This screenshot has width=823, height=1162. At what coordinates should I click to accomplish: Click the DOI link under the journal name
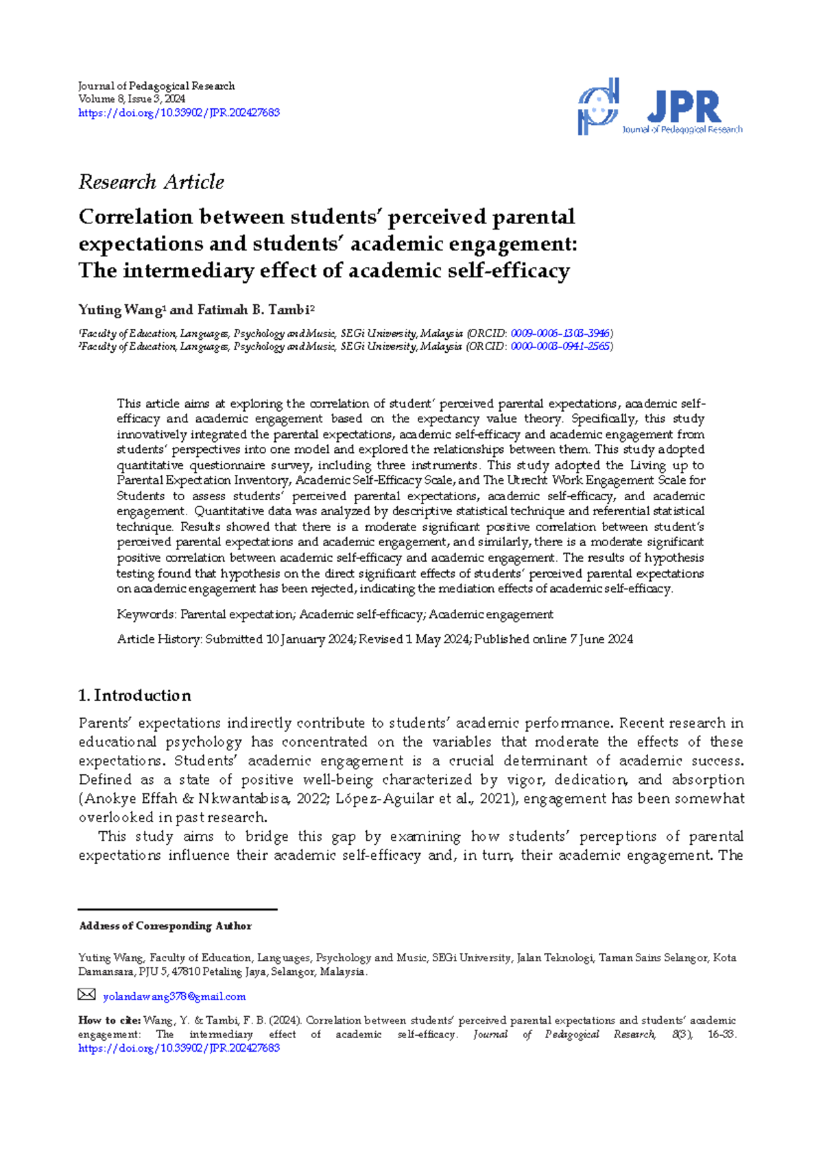point(179,113)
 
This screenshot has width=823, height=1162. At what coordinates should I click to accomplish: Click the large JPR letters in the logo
point(684,108)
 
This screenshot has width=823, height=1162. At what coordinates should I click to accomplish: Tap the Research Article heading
point(151,182)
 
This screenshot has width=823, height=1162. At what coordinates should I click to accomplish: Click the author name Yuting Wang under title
point(120,310)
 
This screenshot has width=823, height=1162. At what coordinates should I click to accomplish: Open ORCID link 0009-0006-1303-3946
point(560,334)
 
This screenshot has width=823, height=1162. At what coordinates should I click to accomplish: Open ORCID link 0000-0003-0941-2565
point(560,347)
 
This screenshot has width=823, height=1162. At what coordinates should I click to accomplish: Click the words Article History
point(159,639)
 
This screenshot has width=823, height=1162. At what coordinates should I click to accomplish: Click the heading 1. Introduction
point(135,695)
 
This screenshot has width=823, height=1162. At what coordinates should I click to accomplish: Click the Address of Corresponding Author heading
point(165,926)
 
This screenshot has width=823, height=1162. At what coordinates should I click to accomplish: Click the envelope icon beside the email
point(86,995)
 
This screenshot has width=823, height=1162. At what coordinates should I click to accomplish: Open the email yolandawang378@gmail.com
point(174,997)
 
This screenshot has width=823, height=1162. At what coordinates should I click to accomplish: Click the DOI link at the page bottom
point(179,1048)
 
